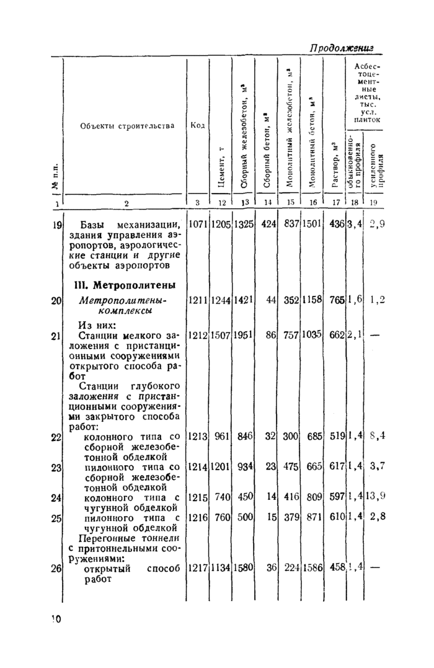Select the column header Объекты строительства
point(128,126)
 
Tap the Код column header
point(198,126)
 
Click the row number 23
point(56,466)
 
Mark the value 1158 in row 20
point(312,300)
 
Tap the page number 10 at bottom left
point(56,618)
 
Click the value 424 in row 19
point(268,224)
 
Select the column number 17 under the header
point(335,202)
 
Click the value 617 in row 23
point(337,466)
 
